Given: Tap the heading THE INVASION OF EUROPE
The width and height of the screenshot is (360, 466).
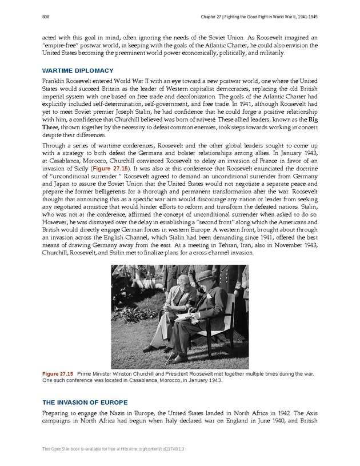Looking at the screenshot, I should (85, 402).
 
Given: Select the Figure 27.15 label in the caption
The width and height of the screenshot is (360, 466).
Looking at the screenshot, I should (58, 373).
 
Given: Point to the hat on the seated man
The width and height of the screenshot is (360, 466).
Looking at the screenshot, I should (204, 276).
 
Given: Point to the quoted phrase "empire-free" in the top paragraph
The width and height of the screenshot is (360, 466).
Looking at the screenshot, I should (60, 46).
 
